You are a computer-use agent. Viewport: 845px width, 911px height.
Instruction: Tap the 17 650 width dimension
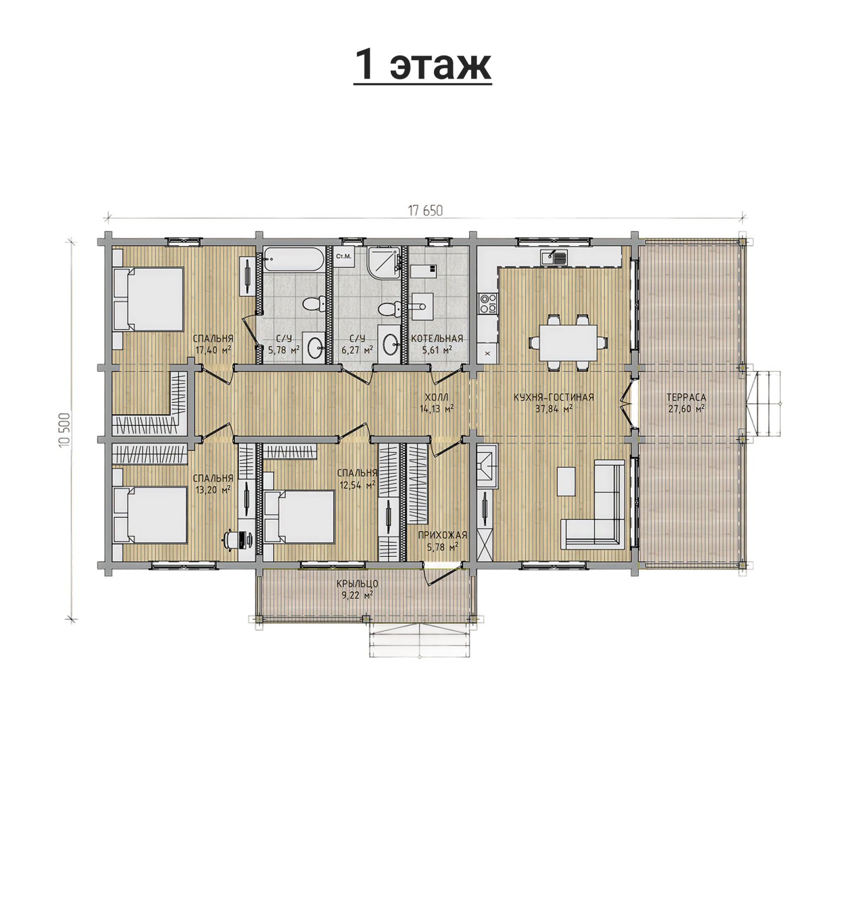[x=425, y=211]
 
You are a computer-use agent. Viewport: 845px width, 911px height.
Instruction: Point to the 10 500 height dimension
[x=65, y=429]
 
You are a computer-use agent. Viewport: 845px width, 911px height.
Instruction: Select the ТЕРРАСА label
[x=686, y=398]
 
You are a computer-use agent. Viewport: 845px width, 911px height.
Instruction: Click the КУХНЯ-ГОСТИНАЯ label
[x=553, y=398]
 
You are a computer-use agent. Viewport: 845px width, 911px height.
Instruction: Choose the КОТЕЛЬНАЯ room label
[x=437, y=339]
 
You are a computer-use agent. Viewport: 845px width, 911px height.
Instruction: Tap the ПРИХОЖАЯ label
[x=442, y=535]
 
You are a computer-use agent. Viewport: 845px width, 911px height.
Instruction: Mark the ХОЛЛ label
[x=436, y=398]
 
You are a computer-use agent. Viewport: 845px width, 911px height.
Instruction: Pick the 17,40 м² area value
[x=214, y=350]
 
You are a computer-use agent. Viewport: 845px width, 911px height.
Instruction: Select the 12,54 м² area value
[x=357, y=485]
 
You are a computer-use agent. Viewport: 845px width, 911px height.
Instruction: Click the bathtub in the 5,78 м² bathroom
[x=294, y=260]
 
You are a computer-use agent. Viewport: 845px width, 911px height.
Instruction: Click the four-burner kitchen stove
[x=487, y=303]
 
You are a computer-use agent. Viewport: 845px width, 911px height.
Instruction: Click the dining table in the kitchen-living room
[x=568, y=343]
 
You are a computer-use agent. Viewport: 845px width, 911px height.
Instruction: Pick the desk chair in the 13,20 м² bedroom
[x=232, y=540]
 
